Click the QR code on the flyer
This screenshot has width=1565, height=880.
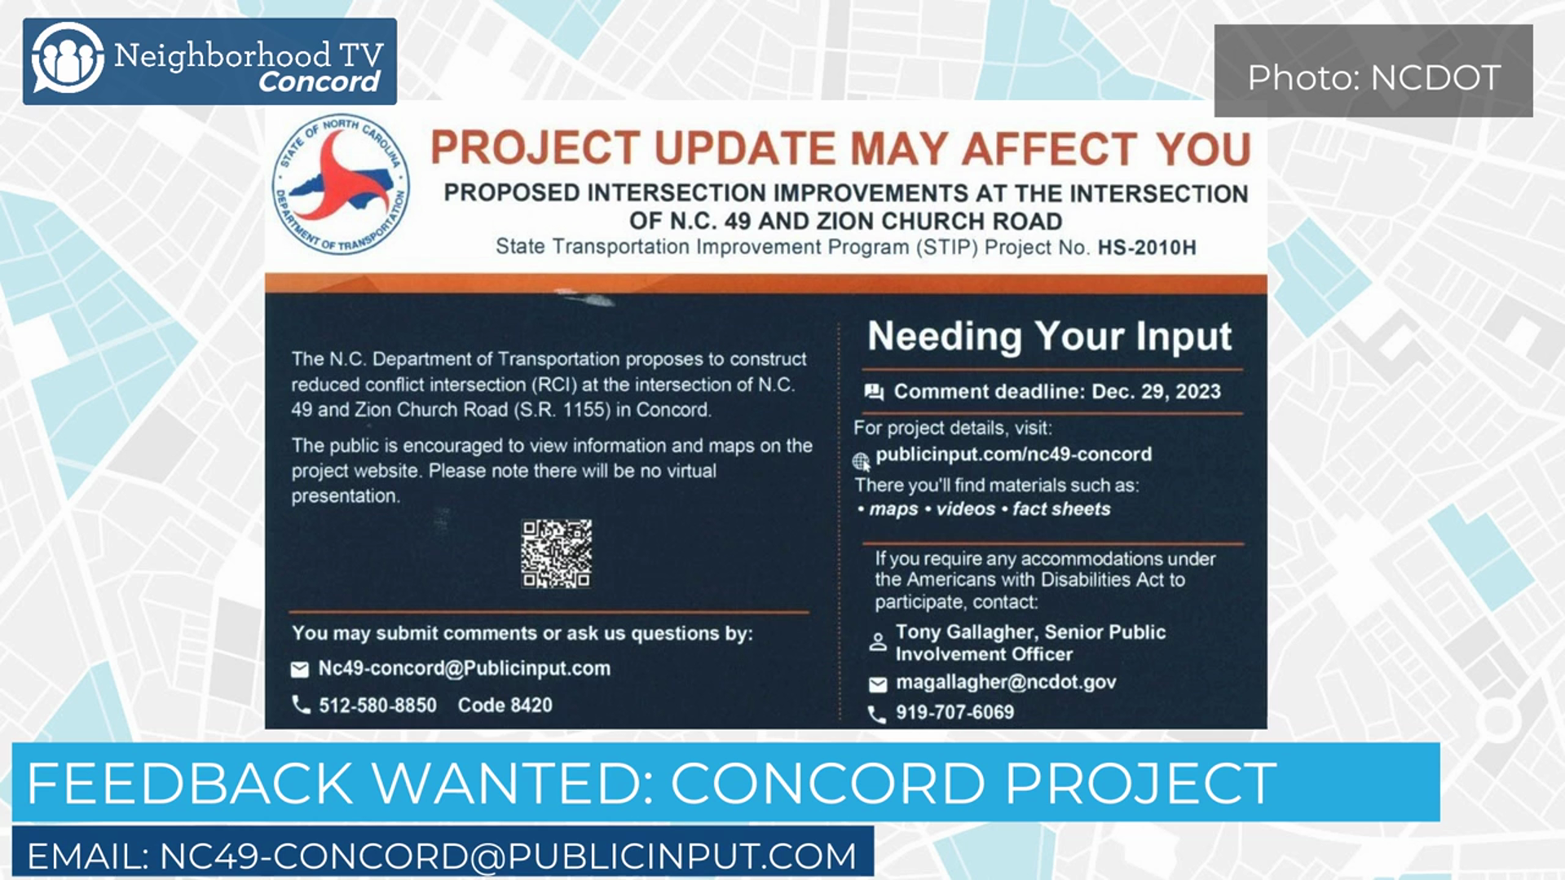click(557, 553)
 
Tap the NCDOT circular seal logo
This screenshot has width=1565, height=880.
click(341, 184)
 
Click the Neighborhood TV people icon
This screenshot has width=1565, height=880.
click(68, 58)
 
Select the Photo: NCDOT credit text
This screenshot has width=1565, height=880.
click(1373, 78)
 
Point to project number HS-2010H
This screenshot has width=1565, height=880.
click(1147, 248)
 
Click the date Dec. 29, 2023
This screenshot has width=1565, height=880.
click(1156, 392)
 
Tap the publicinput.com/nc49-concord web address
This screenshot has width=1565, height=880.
click(1014, 455)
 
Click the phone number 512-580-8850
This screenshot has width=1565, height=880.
click(377, 706)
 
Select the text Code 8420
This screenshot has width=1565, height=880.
click(505, 706)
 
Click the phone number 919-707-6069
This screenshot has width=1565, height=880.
click(954, 713)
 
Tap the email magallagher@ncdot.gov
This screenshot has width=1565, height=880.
click(1006, 683)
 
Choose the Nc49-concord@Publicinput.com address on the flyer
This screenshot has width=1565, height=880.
click(464, 669)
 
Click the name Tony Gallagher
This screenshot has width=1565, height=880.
click(965, 632)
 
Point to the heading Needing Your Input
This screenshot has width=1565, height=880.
click(1049, 337)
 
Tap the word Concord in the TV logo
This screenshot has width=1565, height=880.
click(319, 81)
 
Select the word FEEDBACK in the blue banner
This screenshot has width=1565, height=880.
click(189, 782)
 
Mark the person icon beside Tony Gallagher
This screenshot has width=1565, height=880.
click(878, 642)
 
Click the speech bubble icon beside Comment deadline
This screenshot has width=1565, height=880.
click(874, 393)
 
